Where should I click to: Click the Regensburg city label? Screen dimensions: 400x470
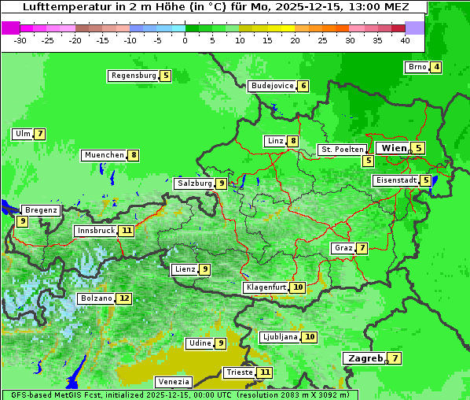click(134, 76)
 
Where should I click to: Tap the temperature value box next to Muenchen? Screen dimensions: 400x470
click(134, 155)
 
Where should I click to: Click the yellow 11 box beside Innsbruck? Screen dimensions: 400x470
click(127, 231)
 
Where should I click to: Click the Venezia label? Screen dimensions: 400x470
click(173, 382)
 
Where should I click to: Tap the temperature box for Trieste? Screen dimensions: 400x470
click(265, 372)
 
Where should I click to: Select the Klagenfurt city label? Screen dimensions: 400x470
click(265, 287)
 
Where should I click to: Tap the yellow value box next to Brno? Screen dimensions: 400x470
click(435, 67)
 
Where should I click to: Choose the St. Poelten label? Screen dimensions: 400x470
click(342, 150)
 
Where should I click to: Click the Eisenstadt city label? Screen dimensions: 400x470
click(396, 180)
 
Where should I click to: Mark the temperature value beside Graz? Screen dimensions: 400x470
click(362, 248)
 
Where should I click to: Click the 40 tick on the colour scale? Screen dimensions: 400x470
click(405, 40)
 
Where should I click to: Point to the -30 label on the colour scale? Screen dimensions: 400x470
click(20, 40)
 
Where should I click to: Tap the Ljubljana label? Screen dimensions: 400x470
click(280, 337)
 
